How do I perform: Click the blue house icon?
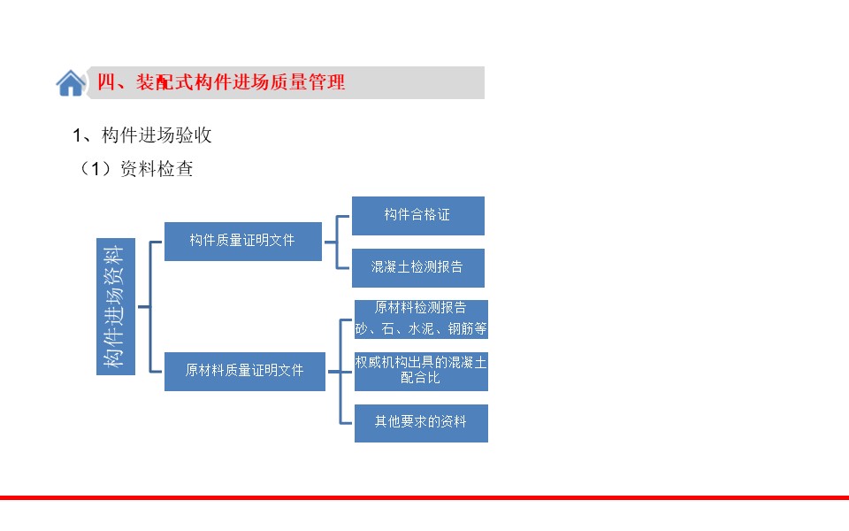pyautogui.click(x=71, y=83)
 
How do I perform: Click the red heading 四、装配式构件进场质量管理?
pyautogui.click(x=221, y=82)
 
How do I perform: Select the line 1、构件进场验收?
pyautogui.click(x=141, y=135)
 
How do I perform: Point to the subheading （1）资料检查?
pyautogui.click(x=135, y=168)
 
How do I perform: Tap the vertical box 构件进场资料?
pyautogui.click(x=116, y=306)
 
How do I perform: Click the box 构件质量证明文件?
pyautogui.click(x=242, y=241)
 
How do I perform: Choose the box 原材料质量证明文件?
pyautogui.click(x=245, y=371)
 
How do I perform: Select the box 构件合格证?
pyautogui.click(x=418, y=216)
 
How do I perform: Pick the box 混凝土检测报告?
pyautogui.click(x=418, y=267)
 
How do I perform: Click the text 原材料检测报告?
pyautogui.click(x=420, y=308)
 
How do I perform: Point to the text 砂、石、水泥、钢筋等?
pyautogui.click(x=421, y=328)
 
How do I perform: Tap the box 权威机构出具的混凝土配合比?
pyautogui.click(x=421, y=371)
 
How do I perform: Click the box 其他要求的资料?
pyautogui.click(x=421, y=423)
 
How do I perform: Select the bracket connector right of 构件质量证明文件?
pyautogui.click(x=337, y=242)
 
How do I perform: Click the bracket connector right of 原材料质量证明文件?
pyautogui.click(x=340, y=372)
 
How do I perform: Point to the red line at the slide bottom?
pyautogui.click(x=424, y=497)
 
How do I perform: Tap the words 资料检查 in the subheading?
pyautogui.click(x=157, y=168)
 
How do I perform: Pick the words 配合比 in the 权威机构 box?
pyautogui.click(x=420, y=378)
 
